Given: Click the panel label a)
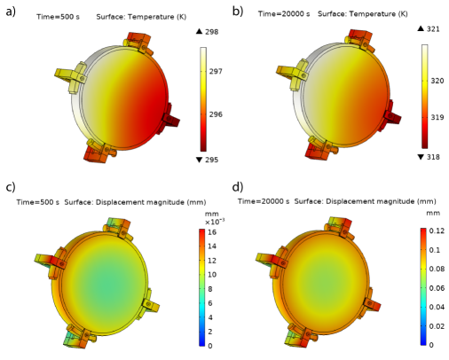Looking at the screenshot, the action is click(x=11, y=12).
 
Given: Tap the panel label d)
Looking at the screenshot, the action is click(x=238, y=187).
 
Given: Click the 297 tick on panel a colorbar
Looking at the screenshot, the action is click(x=216, y=71).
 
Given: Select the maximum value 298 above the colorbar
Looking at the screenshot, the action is click(x=212, y=32).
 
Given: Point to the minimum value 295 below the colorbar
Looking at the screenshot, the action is click(x=212, y=160).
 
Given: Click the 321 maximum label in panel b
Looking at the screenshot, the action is click(x=433, y=29).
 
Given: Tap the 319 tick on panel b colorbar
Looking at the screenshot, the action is click(x=437, y=117).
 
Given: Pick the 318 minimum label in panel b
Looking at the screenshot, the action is click(x=433, y=157).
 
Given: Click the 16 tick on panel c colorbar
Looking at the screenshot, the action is click(x=212, y=232).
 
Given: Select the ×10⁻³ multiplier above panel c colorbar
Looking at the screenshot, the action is click(x=215, y=222).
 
